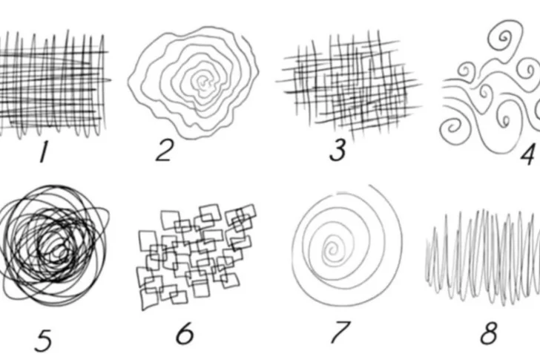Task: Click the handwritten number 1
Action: [44, 151]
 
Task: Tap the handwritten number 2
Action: [164, 151]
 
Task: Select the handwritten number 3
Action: [337, 150]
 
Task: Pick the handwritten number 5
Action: [43, 341]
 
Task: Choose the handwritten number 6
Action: [185, 333]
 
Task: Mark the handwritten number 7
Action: [340, 331]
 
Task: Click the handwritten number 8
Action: [489, 333]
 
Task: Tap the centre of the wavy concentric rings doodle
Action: [203, 82]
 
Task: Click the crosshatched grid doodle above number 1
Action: [54, 85]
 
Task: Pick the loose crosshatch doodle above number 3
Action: [349, 85]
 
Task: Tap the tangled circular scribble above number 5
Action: [53, 245]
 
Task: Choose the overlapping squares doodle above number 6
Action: [197, 257]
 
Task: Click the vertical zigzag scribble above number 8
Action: [482, 257]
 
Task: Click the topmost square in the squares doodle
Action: [210, 213]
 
